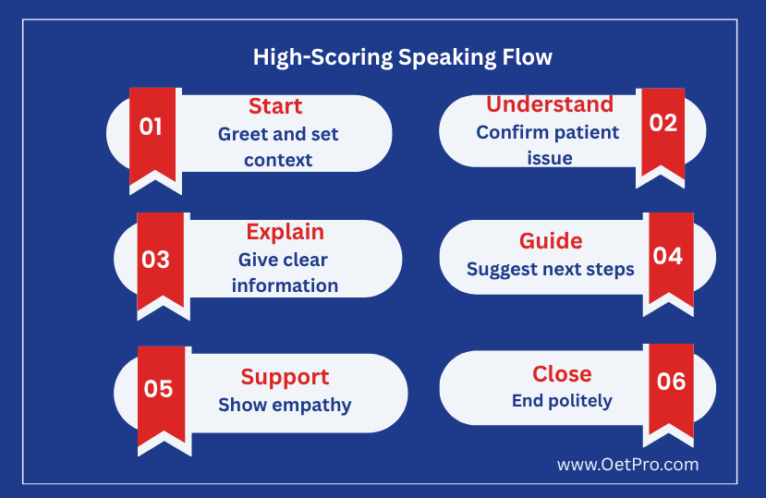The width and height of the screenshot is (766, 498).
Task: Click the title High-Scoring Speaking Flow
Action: (403, 57)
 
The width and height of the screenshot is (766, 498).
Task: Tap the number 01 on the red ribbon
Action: (151, 127)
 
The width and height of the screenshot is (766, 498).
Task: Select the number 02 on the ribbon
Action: (663, 123)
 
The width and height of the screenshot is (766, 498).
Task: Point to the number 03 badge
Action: (156, 260)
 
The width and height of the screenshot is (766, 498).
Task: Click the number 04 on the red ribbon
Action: (668, 256)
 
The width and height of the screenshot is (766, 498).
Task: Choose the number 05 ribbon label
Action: (158, 389)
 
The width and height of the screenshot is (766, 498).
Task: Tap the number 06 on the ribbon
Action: (671, 382)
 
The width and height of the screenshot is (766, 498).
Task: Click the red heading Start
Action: (275, 106)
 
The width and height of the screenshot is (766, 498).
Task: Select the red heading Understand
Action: (550, 104)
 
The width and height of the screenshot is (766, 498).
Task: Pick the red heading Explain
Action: (286, 232)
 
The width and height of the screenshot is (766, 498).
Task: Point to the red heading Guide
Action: (551, 241)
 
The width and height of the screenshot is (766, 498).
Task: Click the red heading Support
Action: (285, 378)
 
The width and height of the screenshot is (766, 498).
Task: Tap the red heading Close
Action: (563, 374)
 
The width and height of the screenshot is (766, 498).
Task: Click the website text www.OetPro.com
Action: (627, 465)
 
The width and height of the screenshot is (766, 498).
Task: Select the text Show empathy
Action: (285, 405)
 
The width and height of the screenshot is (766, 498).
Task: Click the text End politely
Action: (562, 401)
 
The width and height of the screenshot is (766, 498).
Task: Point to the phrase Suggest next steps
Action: (551, 270)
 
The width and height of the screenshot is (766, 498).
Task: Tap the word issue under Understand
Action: (550, 158)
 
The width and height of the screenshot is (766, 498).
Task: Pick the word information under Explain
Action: (285, 285)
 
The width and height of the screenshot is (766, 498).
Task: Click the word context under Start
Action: (278, 160)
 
